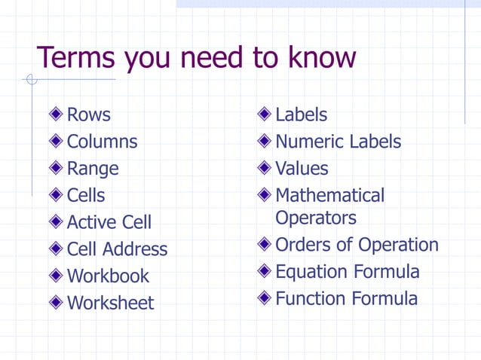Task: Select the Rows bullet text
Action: click(88, 115)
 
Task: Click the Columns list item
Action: click(102, 142)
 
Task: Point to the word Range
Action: click(93, 169)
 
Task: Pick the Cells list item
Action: click(86, 196)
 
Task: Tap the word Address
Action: click(135, 249)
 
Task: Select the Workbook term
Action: click(108, 276)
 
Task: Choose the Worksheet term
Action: click(110, 304)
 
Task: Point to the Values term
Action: click(302, 169)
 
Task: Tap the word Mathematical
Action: click(329, 196)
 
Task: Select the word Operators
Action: click(316, 218)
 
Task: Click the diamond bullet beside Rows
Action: click(57, 115)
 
